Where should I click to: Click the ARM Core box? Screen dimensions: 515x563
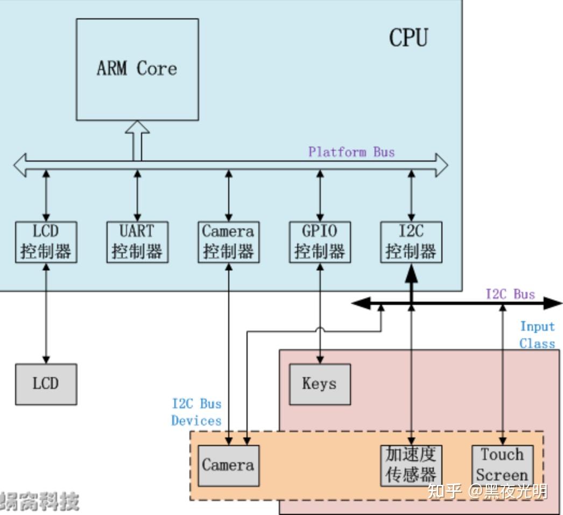[137, 69]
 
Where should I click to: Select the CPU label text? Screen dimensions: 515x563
[409, 38]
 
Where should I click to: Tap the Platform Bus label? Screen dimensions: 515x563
[351, 152]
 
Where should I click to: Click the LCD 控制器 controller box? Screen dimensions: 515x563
[46, 242]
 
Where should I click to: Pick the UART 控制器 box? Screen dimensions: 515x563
[137, 242]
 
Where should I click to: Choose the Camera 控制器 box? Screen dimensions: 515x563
[228, 242]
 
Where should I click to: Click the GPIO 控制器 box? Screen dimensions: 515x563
[320, 242]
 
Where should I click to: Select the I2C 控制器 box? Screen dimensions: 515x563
[411, 242]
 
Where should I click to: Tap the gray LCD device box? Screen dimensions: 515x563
[46, 384]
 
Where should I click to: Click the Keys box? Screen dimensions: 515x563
[320, 384]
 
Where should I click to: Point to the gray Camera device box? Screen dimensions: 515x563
[228, 465]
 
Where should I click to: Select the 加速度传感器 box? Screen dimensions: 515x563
[411, 465]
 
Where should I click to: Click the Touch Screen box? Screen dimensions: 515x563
[502, 465]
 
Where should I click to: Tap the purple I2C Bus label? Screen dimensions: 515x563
[510, 294]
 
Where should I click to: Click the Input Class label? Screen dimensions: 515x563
[537, 335]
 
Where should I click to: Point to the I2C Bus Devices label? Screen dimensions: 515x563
[196, 412]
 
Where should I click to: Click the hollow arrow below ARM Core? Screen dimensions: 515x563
[137, 140]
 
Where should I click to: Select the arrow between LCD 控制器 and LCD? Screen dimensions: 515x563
[46, 312]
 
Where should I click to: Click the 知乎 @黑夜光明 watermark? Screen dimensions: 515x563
[487, 491]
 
